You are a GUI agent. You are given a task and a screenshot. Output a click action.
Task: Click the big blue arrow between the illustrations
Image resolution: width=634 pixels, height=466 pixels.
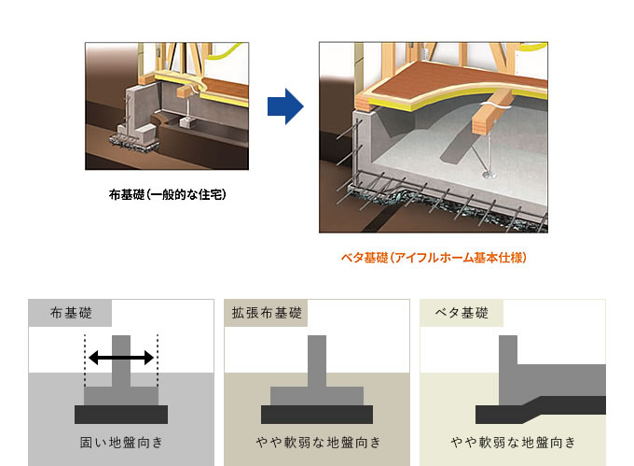(285, 106)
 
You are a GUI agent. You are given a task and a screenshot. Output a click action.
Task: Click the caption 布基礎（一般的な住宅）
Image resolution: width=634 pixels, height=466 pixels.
(168, 195)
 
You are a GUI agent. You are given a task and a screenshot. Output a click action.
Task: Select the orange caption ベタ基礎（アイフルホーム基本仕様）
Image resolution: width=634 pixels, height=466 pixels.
(434, 258)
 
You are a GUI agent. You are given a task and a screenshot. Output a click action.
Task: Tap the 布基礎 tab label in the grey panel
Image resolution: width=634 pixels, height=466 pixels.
(71, 313)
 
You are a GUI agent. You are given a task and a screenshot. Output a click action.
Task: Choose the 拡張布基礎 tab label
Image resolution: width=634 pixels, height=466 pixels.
(267, 313)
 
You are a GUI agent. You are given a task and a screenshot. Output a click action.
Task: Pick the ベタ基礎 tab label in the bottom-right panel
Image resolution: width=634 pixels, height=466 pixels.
(462, 313)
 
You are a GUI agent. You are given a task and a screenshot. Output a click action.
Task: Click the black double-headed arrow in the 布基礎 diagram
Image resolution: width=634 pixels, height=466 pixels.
(121, 358)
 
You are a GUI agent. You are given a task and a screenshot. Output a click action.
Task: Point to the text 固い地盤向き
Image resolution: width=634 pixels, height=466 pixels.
(121, 442)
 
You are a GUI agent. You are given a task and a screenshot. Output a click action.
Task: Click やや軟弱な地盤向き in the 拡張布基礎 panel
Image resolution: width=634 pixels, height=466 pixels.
(318, 442)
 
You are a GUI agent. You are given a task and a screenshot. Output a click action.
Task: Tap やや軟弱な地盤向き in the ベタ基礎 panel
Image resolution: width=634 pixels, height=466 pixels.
(513, 442)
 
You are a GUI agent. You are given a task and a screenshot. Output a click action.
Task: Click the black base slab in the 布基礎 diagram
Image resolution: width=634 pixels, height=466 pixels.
(121, 415)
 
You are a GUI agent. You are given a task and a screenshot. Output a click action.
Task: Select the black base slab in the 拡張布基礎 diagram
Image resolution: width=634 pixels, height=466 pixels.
(317, 415)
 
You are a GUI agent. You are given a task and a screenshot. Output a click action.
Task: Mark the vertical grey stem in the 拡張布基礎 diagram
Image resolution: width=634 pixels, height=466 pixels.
(317, 360)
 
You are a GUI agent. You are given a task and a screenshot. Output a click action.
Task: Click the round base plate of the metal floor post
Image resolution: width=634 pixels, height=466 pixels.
(490, 175)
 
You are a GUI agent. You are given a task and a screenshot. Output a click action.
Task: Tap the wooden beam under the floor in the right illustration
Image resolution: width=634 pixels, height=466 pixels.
(491, 113)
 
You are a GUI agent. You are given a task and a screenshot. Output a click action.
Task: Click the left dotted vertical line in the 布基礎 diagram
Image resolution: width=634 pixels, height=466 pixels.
(85, 360)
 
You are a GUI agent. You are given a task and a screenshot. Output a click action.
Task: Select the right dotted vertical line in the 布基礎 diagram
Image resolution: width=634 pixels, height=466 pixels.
(158, 360)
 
